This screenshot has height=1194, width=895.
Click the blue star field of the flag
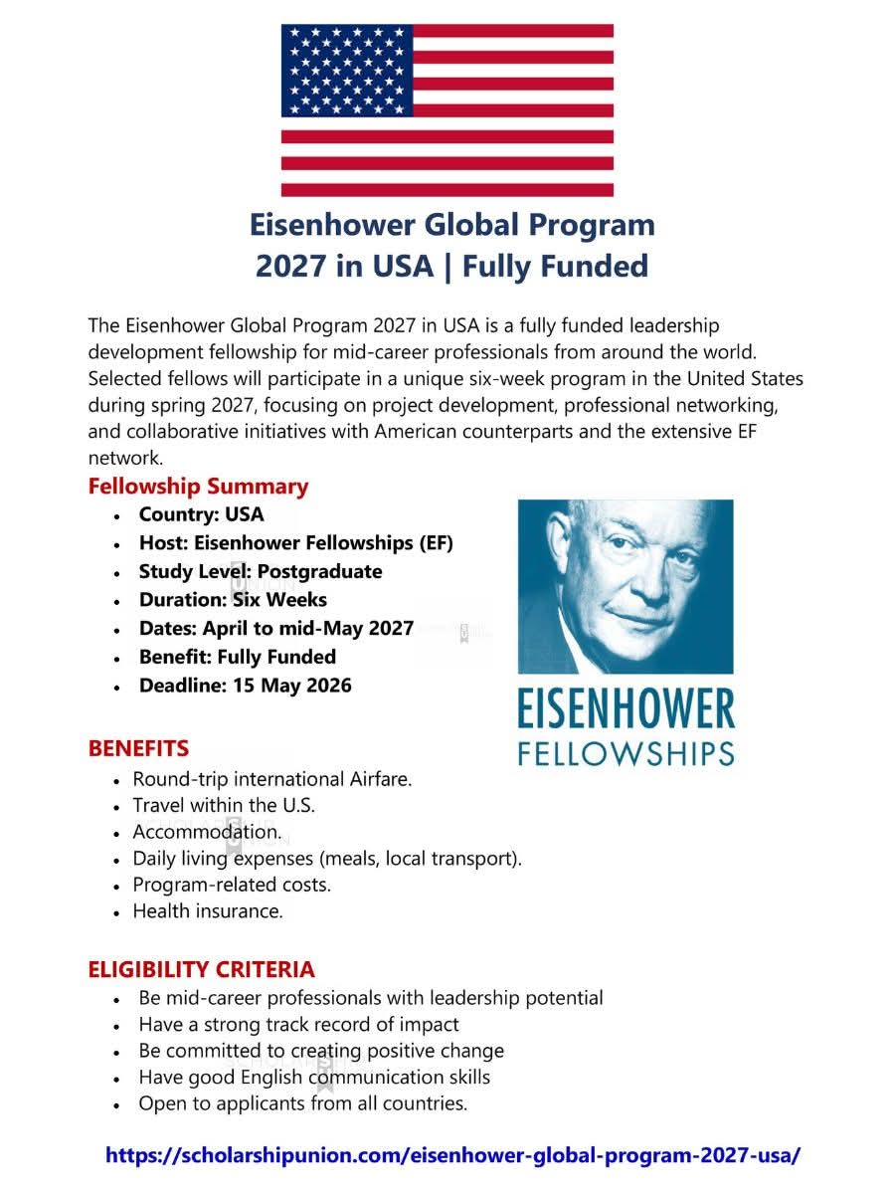pos(347,71)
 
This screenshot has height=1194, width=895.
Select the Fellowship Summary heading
pos(198,487)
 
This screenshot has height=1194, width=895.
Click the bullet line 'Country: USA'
pos(201,514)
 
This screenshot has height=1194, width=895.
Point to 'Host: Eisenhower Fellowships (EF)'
pos(295,543)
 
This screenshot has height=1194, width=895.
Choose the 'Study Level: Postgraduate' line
pos(260,571)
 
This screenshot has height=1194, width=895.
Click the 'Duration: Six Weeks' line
pos(233,600)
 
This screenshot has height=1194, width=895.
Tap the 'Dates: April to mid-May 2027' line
pos(275,628)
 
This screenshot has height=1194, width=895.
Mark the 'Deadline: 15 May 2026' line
pos(245,686)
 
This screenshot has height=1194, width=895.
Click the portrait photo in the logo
pos(626,586)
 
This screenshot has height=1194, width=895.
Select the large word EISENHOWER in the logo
pos(626,710)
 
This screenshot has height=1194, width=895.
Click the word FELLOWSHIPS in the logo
pos(626,753)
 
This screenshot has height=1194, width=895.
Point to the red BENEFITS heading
pos(138,748)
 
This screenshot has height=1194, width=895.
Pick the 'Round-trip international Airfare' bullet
pos(271,779)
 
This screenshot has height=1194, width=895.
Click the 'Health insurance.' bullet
pos(208,911)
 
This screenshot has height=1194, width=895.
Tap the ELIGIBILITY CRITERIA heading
pos(201,969)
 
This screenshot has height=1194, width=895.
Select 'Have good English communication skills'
pos(314,1078)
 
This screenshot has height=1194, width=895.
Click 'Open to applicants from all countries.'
pos(302,1103)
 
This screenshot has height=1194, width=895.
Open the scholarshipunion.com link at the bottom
pos(452,1156)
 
